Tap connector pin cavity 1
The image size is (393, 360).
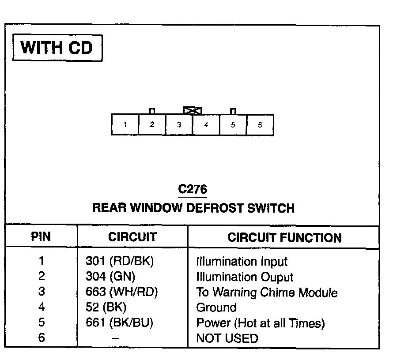point(125,125)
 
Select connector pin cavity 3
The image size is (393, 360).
point(179,125)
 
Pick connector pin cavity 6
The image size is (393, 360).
point(260,125)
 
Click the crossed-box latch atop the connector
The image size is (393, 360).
point(193,110)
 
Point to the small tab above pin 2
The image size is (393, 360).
point(152,111)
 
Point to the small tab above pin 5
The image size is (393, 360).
point(233,111)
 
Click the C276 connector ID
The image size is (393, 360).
point(193,189)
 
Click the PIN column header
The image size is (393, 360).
point(41,237)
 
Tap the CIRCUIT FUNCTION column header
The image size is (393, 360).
point(284,238)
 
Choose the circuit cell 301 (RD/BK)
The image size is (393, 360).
point(119,261)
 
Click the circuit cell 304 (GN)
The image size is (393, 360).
point(110,277)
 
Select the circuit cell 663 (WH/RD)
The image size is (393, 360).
point(121,292)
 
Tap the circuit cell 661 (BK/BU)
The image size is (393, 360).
point(119,322)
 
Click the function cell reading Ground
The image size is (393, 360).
point(216,307)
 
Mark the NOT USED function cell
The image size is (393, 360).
point(227,338)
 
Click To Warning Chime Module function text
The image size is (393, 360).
point(267,292)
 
